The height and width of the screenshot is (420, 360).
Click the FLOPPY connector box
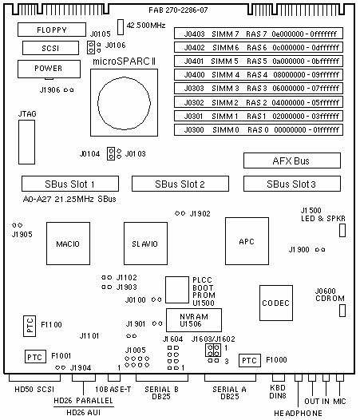tap(52, 30)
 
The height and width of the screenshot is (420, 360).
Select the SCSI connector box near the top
tap(50, 48)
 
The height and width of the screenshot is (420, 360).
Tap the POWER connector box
tap(49, 69)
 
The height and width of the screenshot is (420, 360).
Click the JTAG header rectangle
tap(26, 142)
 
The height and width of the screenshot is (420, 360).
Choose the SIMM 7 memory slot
tap(259, 34)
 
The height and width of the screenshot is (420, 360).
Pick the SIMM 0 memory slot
tap(259, 129)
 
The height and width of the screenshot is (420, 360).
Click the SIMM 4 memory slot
tap(259, 74)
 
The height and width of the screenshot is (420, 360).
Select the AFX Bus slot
tap(292, 160)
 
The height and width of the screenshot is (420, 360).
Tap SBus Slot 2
tap(180, 184)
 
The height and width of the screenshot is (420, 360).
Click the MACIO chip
tap(69, 244)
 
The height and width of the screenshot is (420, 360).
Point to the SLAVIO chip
tap(146, 244)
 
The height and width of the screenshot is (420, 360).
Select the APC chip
tap(247, 241)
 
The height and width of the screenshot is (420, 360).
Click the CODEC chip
tap(276, 303)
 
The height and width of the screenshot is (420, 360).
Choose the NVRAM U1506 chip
tap(194, 320)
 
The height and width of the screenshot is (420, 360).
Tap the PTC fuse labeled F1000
tap(250, 360)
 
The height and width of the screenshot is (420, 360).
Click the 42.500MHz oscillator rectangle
tap(121, 27)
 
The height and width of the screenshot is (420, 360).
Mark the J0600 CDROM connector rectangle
tap(342, 311)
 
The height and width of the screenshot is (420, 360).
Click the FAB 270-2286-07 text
tap(178, 10)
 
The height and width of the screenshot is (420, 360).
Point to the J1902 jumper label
tap(200, 214)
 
